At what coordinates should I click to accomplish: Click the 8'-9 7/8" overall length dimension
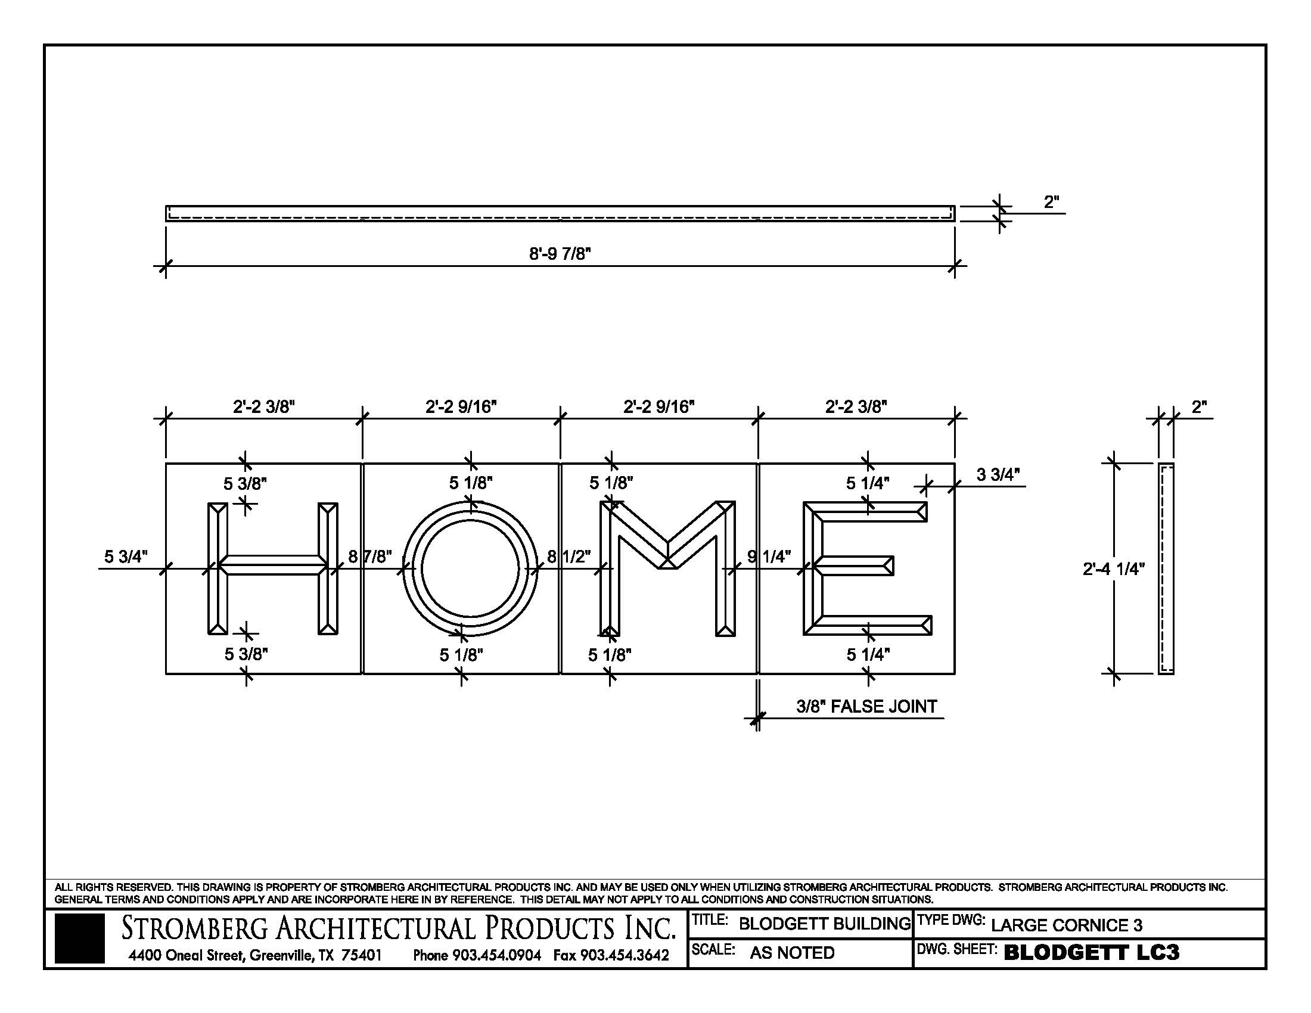click(x=560, y=254)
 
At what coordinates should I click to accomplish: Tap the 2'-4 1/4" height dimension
click(x=1114, y=568)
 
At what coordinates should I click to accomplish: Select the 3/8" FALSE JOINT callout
click(x=866, y=706)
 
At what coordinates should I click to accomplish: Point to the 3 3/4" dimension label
click(x=998, y=475)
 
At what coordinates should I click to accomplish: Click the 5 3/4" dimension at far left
click(x=126, y=557)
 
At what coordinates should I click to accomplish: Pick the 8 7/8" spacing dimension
click(x=370, y=557)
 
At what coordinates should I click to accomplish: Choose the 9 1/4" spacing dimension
click(x=769, y=557)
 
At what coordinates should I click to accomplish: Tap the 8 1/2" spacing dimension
click(x=568, y=557)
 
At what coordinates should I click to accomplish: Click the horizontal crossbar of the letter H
click(x=273, y=565)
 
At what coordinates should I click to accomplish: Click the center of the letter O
click(x=470, y=568)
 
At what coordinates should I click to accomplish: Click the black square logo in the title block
click(x=79, y=938)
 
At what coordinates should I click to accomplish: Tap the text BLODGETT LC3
click(x=1091, y=952)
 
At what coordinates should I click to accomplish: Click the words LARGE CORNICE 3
click(x=1066, y=925)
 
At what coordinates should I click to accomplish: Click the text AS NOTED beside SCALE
click(x=792, y=952)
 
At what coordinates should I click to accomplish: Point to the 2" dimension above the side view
click(x=1199, y=407)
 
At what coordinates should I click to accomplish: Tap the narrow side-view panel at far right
click(x=1165, y=568)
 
